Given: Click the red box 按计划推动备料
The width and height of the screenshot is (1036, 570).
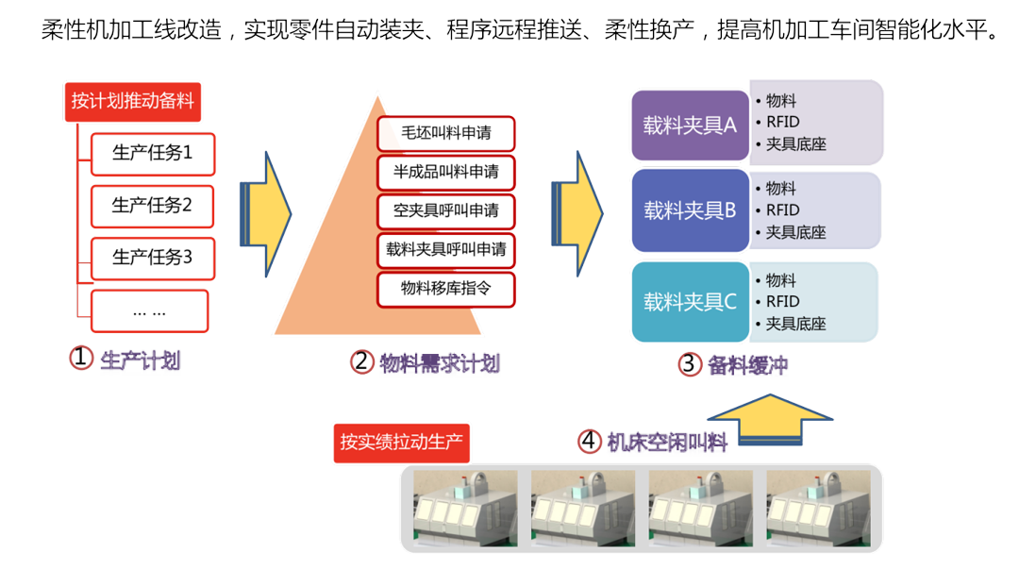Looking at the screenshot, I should click(132, 101).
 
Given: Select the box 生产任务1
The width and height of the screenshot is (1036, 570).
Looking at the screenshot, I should click(152, 153).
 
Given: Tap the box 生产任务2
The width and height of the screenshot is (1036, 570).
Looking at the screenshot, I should click(152, 205).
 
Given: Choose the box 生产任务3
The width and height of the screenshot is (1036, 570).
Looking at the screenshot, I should click(152, 257).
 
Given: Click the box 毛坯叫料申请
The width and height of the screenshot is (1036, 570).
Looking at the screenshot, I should click(446, 134).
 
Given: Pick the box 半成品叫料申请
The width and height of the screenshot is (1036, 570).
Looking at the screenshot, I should click(446, 173).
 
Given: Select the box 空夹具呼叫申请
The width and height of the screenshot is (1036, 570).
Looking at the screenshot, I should click(446, 210).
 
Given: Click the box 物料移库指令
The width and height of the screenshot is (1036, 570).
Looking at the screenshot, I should click(446, 288).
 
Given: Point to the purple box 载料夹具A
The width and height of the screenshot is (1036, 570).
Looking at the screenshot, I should click(690, 126).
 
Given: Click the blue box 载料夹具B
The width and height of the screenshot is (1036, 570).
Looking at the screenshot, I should click(690, 210).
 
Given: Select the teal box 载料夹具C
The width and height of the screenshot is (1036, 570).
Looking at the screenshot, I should click(690, 302).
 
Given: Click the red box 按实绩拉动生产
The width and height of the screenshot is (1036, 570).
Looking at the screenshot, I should click(401, 443).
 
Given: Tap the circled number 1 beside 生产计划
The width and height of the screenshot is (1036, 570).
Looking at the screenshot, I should click(81, 359).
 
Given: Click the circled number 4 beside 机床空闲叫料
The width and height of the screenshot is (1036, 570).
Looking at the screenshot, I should click(590, 441).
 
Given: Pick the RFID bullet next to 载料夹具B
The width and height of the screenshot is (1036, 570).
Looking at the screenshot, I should click(782, 210).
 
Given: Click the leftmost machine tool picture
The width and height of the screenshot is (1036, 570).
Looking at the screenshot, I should click(465, 511).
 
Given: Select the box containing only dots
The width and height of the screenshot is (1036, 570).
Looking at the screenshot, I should click(149, 311).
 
